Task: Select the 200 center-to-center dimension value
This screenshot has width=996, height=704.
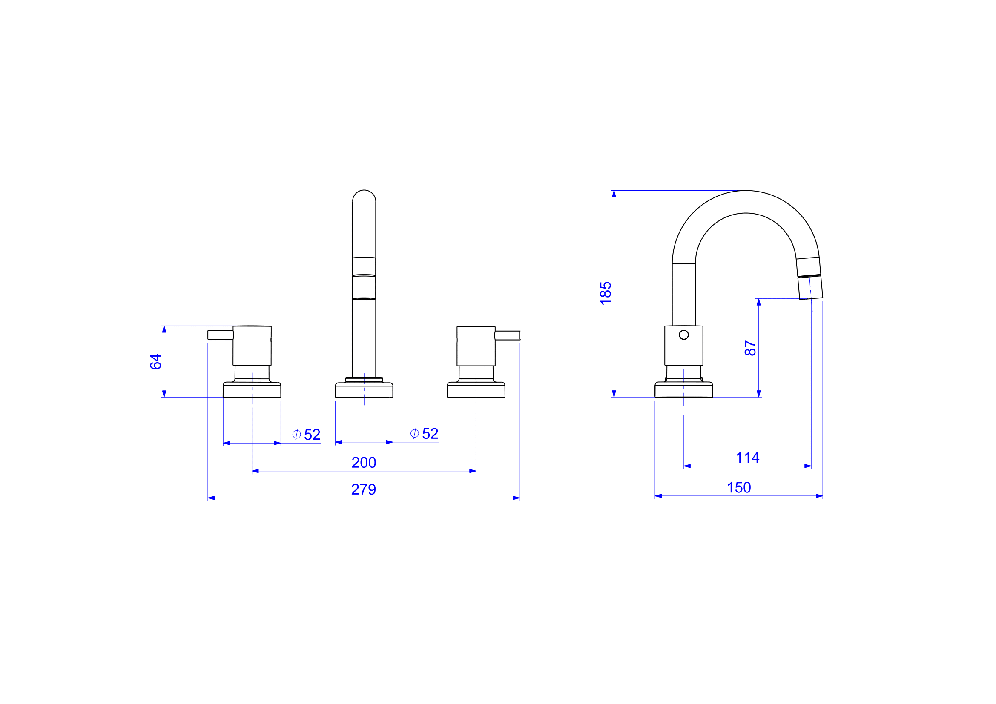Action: (364, 463)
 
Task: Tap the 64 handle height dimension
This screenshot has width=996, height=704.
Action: (156, 361)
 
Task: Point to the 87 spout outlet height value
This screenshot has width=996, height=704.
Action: (750, 348)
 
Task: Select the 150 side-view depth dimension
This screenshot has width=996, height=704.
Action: (739, 488)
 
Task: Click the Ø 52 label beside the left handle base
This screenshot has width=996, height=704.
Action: (306, 435)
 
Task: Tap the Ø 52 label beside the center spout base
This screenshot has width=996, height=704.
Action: (424, 433)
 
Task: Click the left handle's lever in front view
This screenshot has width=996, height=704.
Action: (221, 335)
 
